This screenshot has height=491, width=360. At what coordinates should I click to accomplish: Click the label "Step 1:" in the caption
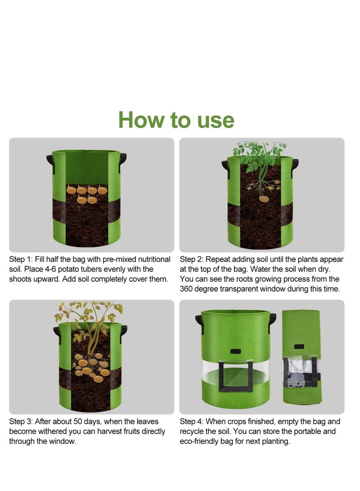point(21,259)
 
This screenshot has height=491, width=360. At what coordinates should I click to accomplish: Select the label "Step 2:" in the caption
point(191,259)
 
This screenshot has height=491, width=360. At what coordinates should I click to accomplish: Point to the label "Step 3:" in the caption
point(21,422)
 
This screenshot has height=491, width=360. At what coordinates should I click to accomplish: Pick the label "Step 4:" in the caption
point(191,422)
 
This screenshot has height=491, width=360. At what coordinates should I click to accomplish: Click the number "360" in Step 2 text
point(186,289)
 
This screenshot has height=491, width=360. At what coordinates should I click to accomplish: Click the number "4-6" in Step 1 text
point(49,269)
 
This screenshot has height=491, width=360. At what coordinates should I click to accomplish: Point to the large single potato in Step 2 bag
point(264,198)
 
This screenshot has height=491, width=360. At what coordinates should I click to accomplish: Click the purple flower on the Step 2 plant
point(239,144)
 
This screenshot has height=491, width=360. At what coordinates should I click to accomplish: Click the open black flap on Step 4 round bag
point(235,376)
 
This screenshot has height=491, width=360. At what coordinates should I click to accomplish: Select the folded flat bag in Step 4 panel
point(302,357)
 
